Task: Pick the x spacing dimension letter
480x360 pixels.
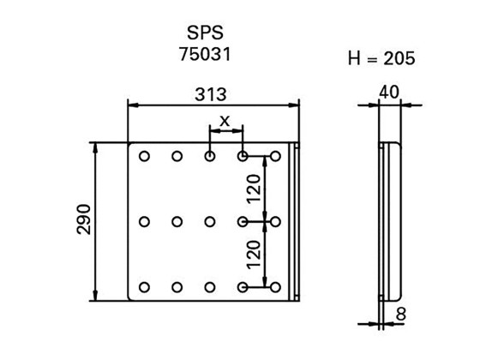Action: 225,121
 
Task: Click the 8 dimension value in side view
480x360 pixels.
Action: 402,314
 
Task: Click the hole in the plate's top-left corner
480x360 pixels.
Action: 144,157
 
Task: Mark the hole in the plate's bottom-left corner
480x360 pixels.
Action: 144,287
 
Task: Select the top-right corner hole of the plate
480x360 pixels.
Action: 275,157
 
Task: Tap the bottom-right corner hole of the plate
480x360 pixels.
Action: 275,287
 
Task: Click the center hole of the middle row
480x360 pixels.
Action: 210,222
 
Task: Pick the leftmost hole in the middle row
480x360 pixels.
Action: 144,222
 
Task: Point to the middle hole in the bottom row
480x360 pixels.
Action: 210,287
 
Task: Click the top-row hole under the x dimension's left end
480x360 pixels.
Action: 210,157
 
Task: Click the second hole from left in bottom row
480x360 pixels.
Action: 177,287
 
